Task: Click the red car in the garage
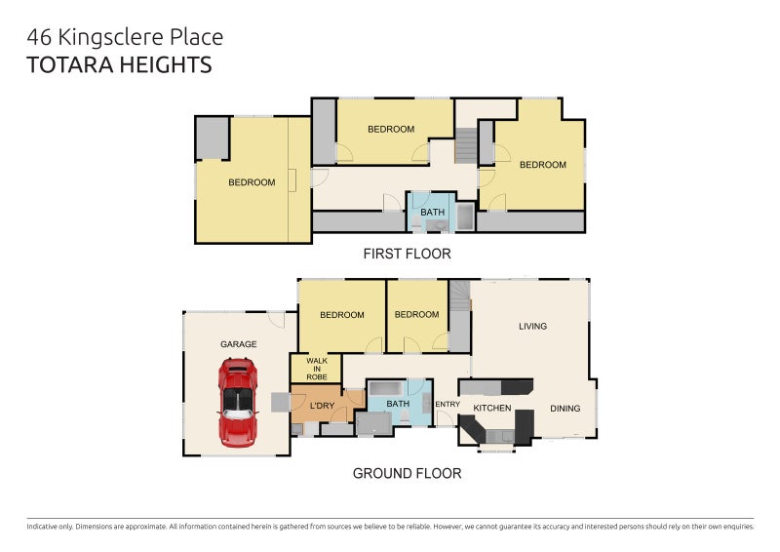[238, 403]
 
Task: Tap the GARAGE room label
[239, 344]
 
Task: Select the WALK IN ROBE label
[317, 369]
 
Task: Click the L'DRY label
[323, 406]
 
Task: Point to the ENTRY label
[448, 404]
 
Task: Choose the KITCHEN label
[492, 409]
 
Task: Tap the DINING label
[565, 409]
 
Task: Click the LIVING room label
[532, 326]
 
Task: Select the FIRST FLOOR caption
[407, 254]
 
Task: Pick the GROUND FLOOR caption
[407, 473]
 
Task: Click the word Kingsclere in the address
[111, 38]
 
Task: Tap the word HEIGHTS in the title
[166, 65]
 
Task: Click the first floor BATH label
[432, 212]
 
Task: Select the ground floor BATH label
[398, 404]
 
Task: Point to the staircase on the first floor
[466, 145]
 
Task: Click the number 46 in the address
[39, 38]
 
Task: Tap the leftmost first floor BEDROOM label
[252, 182]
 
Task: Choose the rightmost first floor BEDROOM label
[543, 165]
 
